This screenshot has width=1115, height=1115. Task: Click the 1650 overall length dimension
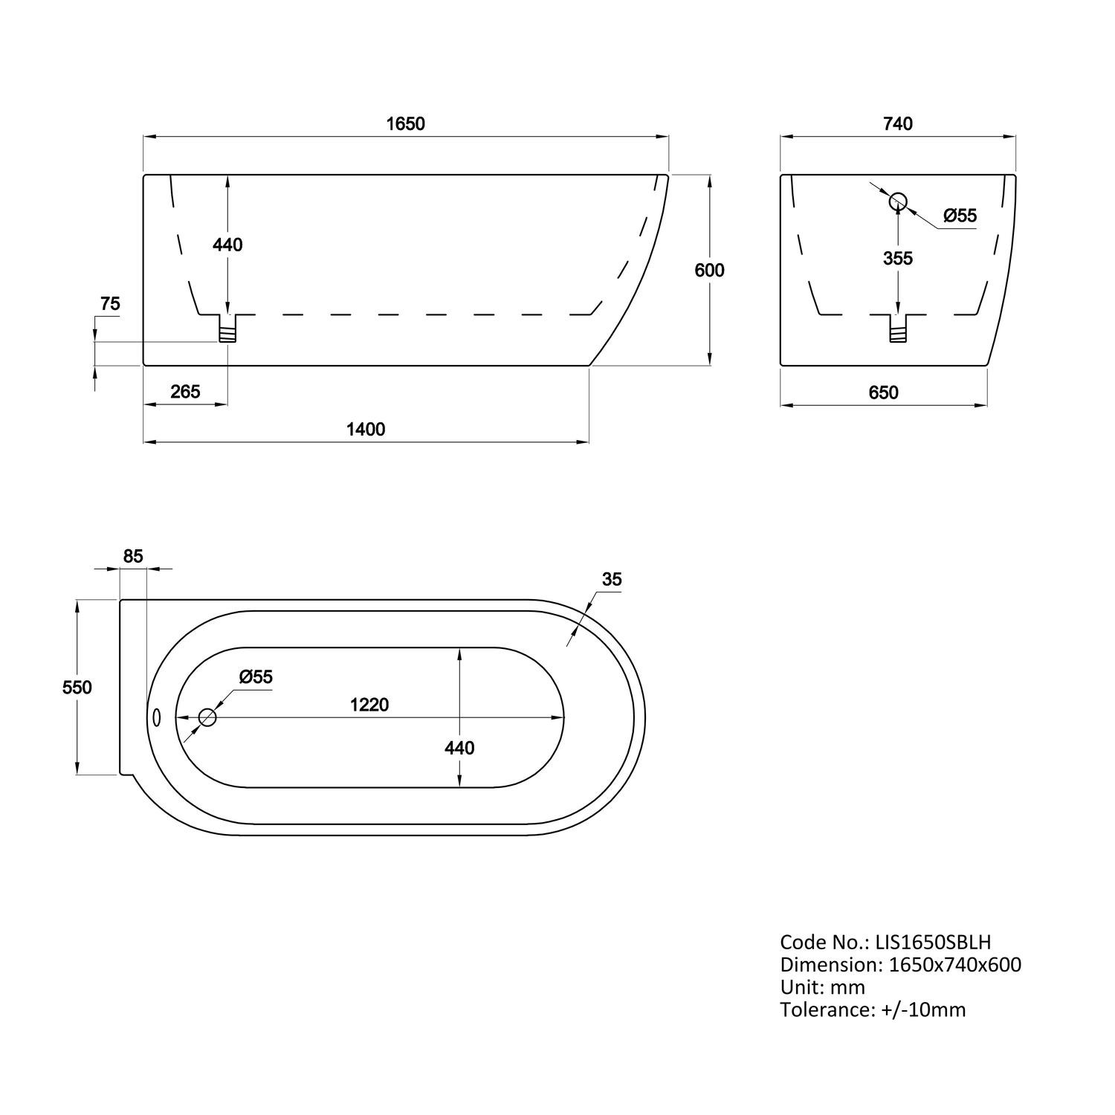point(405,123)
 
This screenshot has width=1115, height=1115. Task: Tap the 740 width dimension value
point(898,123)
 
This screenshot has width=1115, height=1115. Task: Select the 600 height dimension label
point(709,271)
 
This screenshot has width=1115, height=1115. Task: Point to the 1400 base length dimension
point(366,429)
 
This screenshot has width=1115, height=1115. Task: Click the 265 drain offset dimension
point(185,391)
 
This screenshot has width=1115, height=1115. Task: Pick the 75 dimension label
point(110,304)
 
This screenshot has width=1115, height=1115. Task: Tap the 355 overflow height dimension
point(898,258)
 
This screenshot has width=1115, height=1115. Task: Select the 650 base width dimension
point(884,392)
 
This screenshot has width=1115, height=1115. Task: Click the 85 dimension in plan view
point(133,556)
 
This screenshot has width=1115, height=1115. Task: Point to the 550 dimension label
point(77,688)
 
